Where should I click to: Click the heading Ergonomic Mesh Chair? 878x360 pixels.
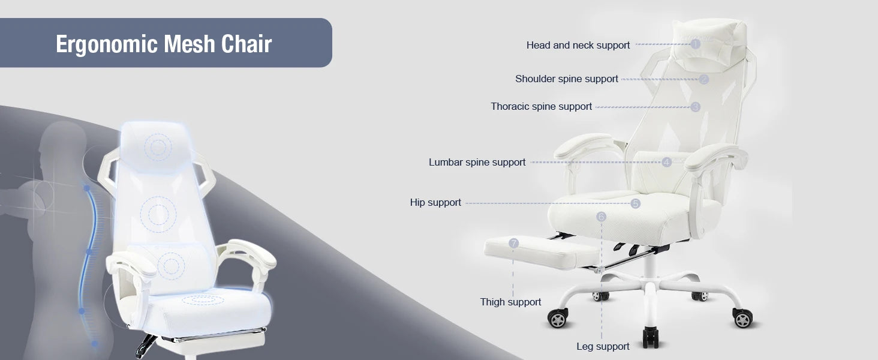(164, 44)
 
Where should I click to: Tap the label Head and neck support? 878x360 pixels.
(578, 46)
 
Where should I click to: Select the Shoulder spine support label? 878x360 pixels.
(566, 79)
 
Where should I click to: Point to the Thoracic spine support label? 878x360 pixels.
(541, 107)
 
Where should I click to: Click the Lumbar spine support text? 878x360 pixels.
(477, 163)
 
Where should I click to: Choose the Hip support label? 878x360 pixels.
(435, 203)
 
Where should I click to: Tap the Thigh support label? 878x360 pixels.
(510, 302)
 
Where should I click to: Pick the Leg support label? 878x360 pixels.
(603, 346)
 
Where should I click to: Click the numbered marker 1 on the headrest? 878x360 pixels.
(695, 44)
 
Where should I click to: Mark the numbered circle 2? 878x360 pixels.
(703, 80)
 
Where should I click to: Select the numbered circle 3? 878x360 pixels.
(695, 107)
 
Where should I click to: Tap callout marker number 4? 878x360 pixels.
(666, 162)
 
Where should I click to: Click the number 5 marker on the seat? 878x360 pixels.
(635, 203)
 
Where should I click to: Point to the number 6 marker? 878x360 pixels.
(602, 217)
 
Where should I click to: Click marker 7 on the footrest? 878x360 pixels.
(513, 244)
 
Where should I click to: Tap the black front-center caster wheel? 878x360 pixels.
(651, 338)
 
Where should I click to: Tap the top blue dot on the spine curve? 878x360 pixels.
(86, 188)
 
